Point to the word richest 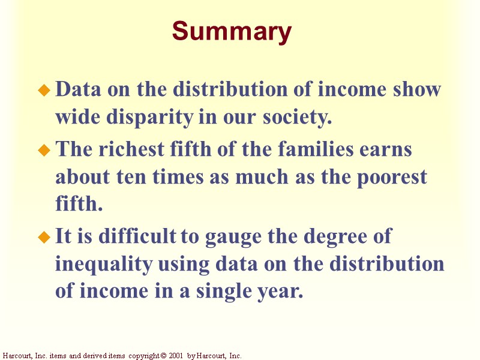[130, 149]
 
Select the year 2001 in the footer [176, 356]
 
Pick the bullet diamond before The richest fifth [43, 151]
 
